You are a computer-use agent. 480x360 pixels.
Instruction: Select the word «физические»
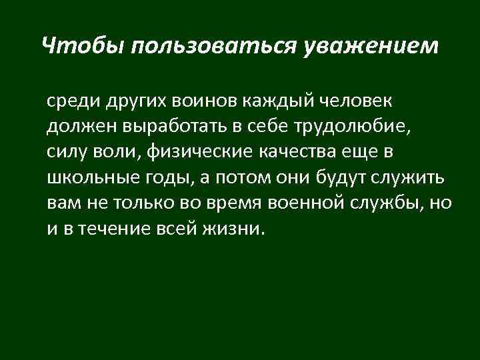coord(189,152)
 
